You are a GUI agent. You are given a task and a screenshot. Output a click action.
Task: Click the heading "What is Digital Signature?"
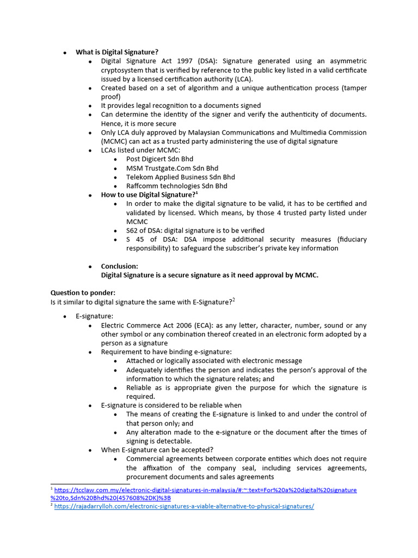point(117,52)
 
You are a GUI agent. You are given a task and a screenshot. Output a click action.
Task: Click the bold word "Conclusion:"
point(120,266)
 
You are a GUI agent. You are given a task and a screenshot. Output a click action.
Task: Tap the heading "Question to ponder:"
point(83,293)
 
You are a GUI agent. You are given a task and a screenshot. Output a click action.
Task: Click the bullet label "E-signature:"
point(95,316)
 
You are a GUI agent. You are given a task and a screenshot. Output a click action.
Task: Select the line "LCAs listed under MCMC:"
point(140,150)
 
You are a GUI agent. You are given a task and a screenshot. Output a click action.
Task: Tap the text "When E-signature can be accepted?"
point(157,450)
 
